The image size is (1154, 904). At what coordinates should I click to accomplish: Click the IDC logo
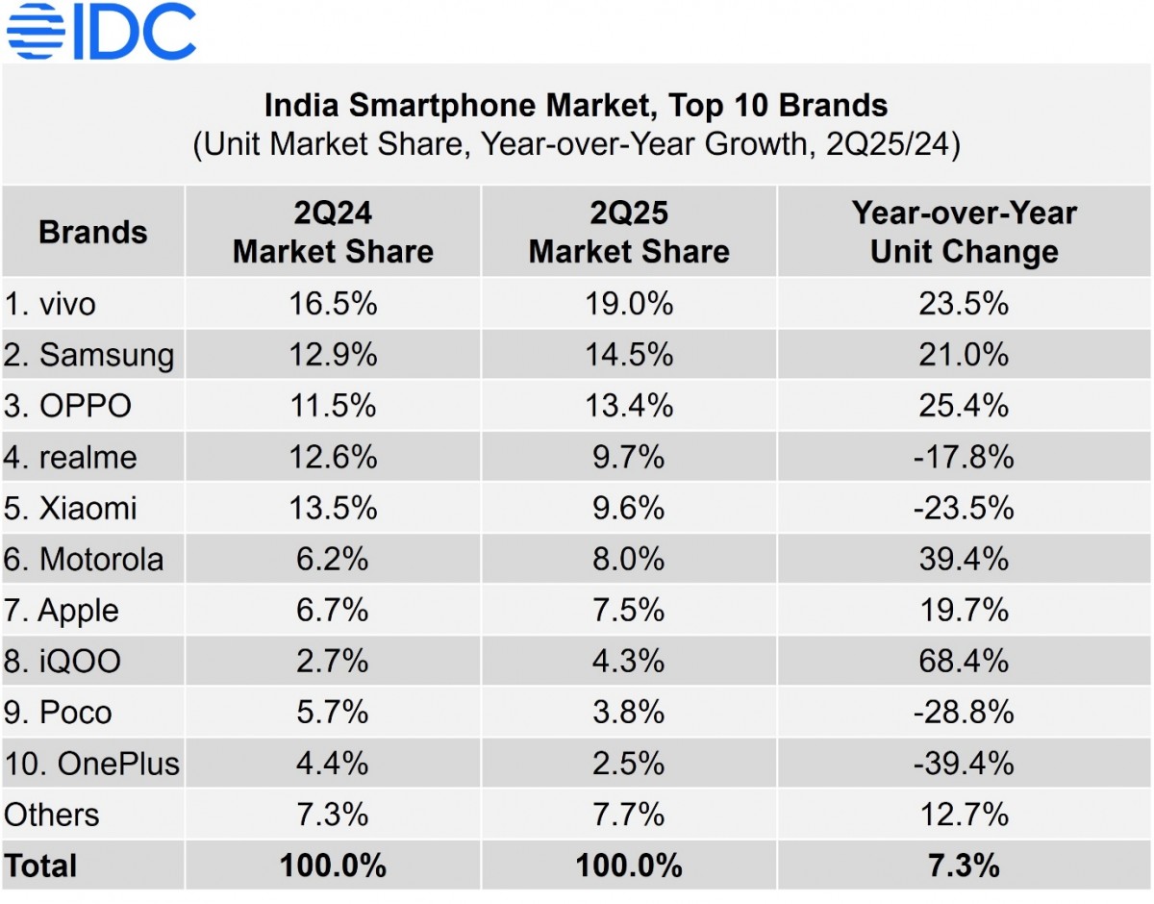[101, 31]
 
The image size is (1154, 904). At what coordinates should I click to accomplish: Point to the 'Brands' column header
[92, 233]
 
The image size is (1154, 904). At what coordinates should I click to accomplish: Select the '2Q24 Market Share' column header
[333, 233]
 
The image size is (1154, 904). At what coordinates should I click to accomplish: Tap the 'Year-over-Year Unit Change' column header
[964, 233]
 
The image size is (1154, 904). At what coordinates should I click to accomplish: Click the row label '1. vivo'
[50, 305]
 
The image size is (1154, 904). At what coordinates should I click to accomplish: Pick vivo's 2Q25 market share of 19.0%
[629, 305]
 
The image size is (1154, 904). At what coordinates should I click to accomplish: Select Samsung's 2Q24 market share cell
[333, 356]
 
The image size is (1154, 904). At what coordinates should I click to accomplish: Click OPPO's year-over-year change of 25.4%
[964, 407]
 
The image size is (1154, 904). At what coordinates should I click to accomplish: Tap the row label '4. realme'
[70, 458]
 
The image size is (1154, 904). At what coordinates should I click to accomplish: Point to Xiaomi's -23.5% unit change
[964, 509]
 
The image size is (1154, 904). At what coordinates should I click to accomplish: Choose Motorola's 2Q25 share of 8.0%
[629, 560]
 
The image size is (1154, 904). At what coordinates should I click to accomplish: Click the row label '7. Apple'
[63, 611]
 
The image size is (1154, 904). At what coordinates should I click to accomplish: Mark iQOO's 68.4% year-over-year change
[964, 662]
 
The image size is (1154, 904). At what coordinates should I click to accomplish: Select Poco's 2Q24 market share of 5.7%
[333, 713]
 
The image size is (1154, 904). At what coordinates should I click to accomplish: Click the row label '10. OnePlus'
[91, 764]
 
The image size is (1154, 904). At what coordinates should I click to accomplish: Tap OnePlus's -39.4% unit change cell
[964, 764]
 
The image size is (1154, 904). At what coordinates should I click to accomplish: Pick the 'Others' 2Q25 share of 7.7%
[629, 815]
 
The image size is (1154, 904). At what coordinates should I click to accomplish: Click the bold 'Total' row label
[40, 866]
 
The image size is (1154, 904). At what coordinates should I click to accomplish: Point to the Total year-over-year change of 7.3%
[964, 866]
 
